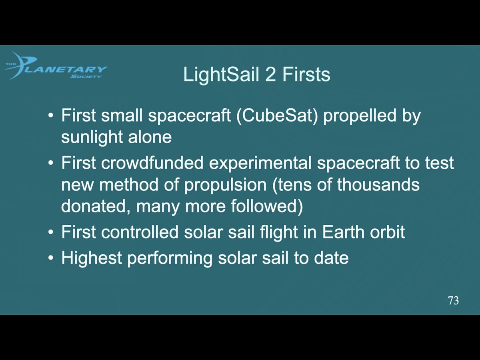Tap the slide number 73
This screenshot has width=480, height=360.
[x=453, y=300]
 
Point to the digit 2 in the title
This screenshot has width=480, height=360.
[x=270, y=75]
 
